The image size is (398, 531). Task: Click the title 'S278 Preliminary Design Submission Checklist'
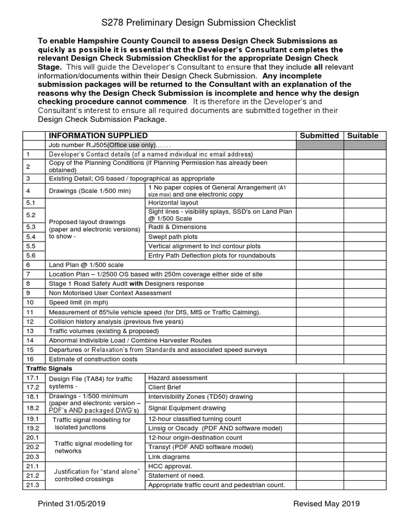point(198,22)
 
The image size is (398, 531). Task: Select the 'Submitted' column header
point(319,135)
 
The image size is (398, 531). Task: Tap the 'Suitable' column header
point(362,135)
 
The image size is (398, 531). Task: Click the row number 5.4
point(31,236)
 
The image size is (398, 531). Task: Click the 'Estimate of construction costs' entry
point(93,359)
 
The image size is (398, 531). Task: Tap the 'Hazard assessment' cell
point(178,378)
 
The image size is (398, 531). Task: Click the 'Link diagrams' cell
point(169,457)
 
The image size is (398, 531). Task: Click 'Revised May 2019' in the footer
point(326,504)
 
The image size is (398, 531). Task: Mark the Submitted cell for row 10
point(319,302)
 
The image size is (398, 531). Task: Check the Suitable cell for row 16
point(362,359)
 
